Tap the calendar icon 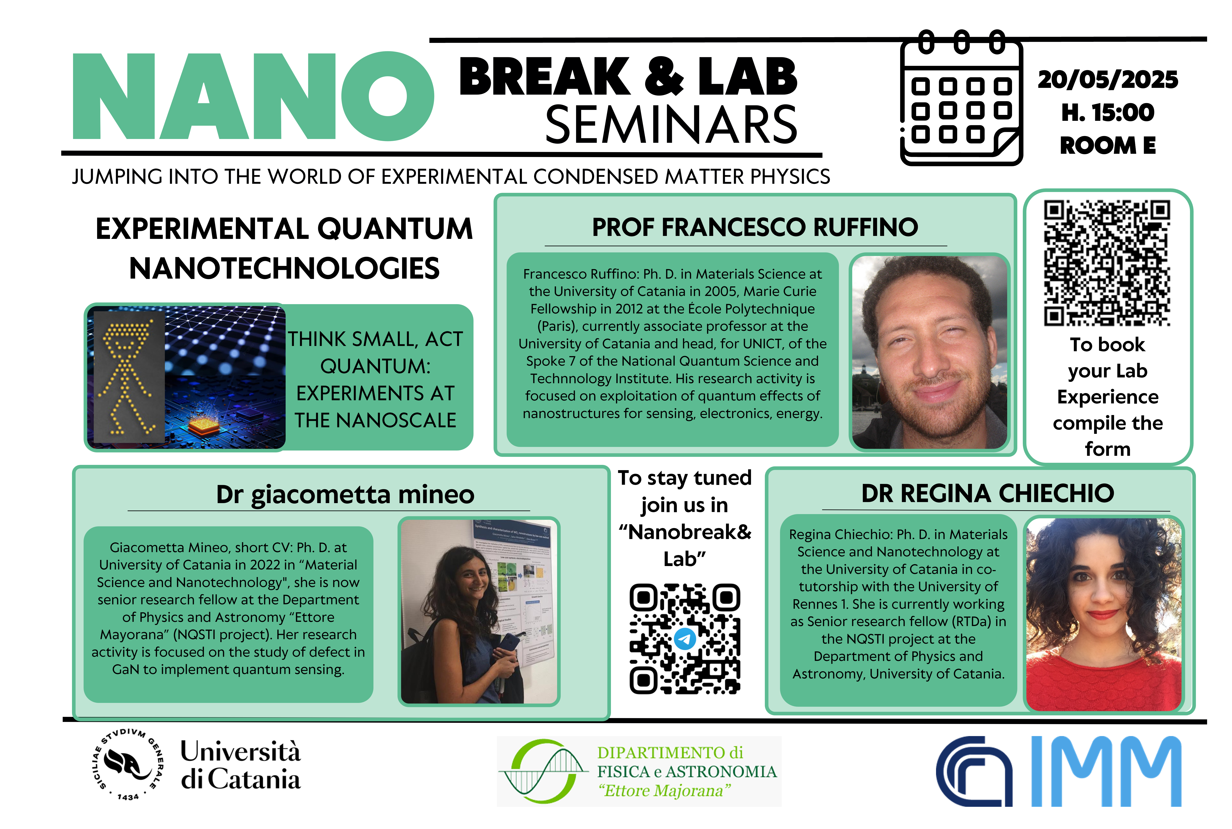pos(962,98)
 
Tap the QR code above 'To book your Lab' pos(1107,263)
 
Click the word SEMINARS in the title pos(671,125)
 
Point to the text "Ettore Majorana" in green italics pos(665,791)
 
